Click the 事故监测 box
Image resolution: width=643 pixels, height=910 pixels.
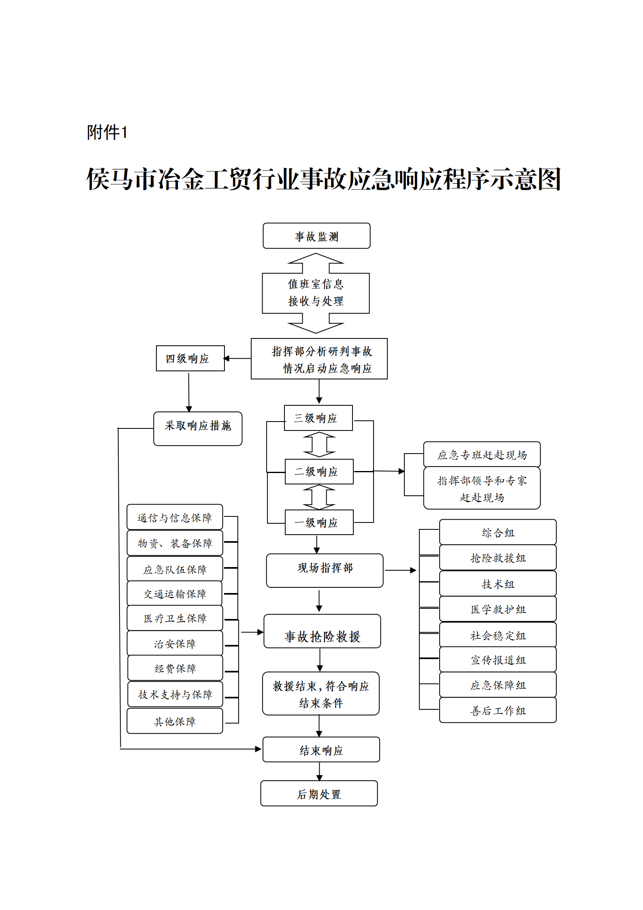tap(316, 236)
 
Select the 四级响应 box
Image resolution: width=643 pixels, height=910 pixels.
tap(190, 358)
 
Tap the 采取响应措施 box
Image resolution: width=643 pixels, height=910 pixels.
tap(198, 428)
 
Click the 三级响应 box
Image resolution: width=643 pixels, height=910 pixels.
tap(318, 418)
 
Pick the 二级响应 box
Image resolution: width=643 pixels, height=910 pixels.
tap(319, 471)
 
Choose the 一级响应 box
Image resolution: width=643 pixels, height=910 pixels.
tap(319, 522)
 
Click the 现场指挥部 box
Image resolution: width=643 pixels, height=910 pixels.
tap(325, 570)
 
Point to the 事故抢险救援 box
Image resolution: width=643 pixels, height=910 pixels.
tap(322, 631)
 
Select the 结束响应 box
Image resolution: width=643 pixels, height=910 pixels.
tap(321, 749)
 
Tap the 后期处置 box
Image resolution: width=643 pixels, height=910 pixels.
tap(319, 793)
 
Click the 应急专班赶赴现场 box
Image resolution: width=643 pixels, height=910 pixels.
tap(482, 454)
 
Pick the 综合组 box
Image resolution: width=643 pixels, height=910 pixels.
tap(498, 532)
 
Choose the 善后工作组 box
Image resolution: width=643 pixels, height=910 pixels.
tap(498, 710)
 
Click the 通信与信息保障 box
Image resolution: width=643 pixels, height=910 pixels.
tap(175, 517)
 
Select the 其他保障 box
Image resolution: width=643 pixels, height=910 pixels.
tap(175, 721)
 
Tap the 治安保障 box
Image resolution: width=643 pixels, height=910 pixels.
tap(175, 643)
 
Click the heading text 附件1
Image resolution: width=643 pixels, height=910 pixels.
tap(107, 132)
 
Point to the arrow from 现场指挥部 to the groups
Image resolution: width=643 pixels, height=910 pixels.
tap(400, 570)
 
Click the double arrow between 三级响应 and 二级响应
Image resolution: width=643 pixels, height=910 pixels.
tap(319, 445)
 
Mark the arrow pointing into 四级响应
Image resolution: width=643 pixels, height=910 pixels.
tap(237, 358)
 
